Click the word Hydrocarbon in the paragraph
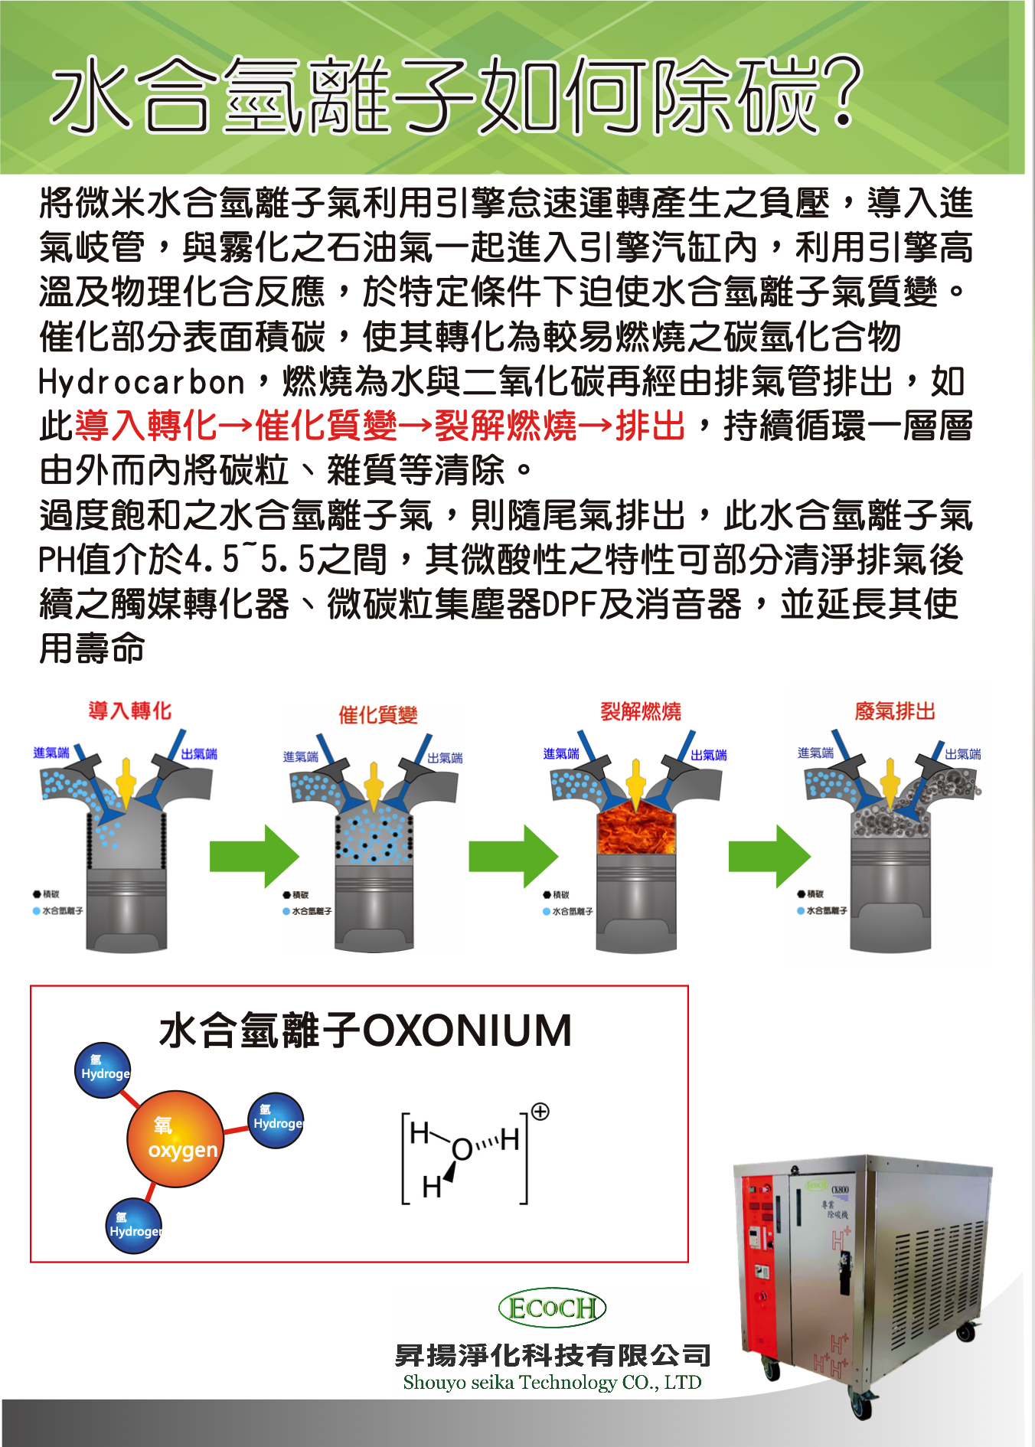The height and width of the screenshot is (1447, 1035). (142, 382)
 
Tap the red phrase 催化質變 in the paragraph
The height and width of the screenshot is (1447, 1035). (327, 426)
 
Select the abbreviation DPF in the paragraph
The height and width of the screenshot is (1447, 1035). (570, 605)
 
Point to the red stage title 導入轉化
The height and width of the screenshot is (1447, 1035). (129, 711)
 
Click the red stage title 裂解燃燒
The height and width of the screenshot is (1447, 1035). (640, 712)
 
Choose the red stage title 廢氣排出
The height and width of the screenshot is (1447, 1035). (895, 712)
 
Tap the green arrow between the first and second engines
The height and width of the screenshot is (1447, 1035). (254, 856)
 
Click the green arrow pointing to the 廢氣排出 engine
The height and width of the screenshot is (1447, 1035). (769, 856)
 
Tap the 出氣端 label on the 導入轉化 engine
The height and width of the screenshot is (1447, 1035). (199, 754)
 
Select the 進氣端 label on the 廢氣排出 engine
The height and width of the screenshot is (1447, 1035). (815, 753)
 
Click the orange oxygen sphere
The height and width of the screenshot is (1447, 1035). (175, 1138)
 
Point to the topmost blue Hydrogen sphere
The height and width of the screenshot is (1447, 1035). (103, 1070)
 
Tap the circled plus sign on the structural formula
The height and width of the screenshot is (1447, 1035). (540, 1112)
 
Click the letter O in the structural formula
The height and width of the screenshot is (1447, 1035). (462, 1149)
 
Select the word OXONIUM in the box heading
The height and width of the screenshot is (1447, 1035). (466, 1031)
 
